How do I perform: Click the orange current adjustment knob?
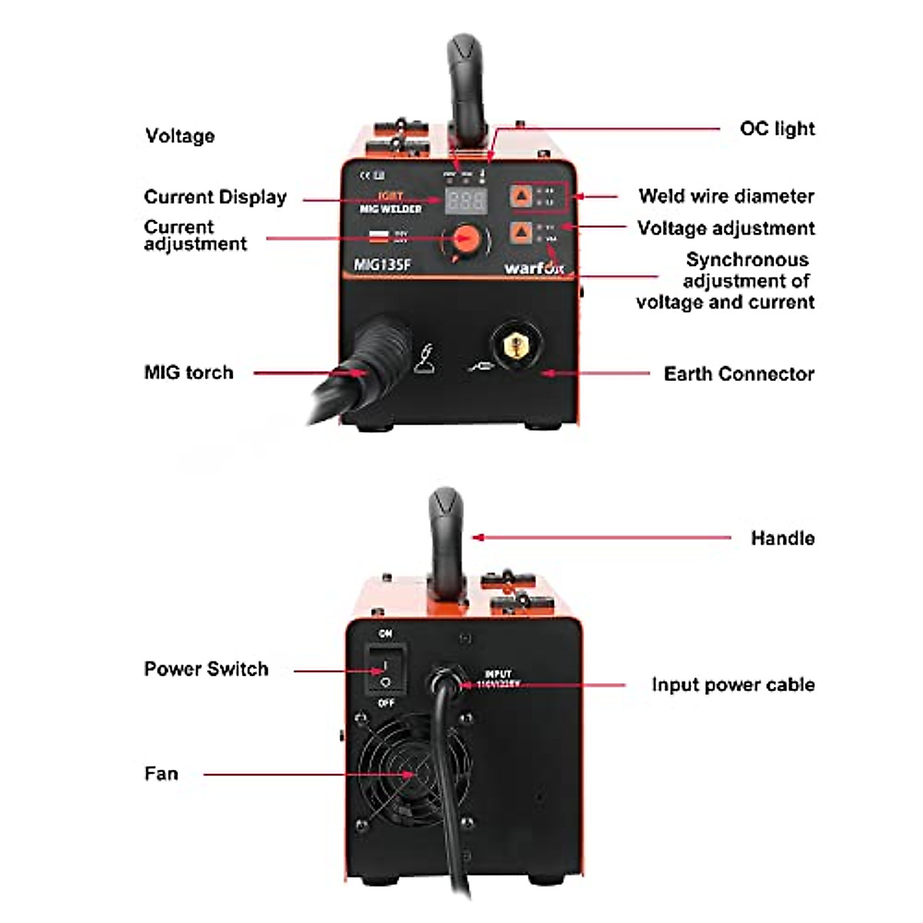point(465,238)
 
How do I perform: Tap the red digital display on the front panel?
point(466,202)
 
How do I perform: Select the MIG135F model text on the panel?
point(382,265)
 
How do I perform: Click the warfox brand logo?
point(534,268)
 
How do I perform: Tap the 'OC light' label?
point(777,128)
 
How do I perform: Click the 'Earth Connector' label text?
point(738,374)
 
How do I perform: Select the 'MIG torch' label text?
point(188,372)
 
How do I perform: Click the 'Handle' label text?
point(782,538)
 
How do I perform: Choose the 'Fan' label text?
point(161,773)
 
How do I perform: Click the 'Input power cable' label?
point(732,685)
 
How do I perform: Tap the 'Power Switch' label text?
point(206,668)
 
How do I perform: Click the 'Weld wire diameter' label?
point(725,196)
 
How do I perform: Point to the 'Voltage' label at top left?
point(180,136)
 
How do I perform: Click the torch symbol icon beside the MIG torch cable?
point(427,358)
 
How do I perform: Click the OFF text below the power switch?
point(386,703)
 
